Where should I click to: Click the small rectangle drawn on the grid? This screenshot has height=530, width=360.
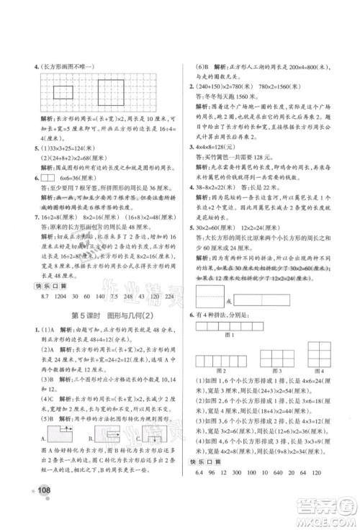pos(63,92)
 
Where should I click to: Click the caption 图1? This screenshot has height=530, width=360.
pos(251,336)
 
